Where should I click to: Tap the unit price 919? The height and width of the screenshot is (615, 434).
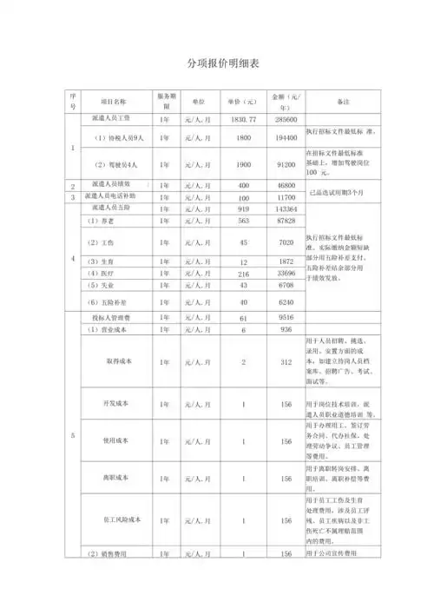(243, 209)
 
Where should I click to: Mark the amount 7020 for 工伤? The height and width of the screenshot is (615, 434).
(289, 241)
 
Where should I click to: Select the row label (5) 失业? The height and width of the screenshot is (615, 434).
(102, 285)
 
